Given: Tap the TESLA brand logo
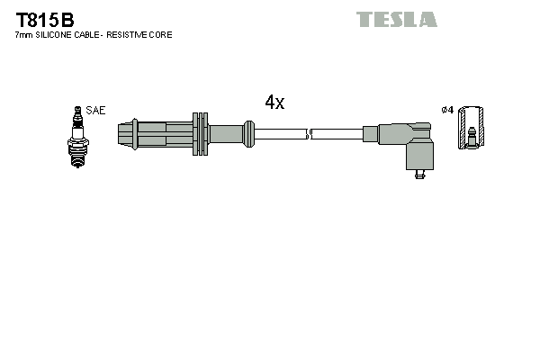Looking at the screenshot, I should click(x=396, y=19).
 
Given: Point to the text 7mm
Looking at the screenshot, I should click(x=23, y=35).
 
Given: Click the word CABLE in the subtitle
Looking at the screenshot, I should click(x=90, y=35).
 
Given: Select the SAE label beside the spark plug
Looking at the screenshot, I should click(x=96, y=111).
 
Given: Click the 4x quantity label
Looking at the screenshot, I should click(x=274, y=103).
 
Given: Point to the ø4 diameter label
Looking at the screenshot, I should click(x=447, y=111).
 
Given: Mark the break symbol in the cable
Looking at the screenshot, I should click(x=309, y=135).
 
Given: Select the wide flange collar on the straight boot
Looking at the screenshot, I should click(x=201, y=135).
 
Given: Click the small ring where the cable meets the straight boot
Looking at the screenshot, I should click(x=247, y=135).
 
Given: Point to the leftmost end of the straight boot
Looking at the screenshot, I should click(x=121, y=135).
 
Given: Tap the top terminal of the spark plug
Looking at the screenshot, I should click(x=76, y=110).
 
